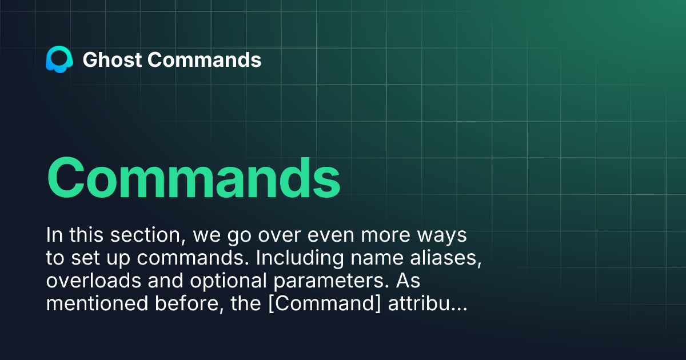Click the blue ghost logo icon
tap(59, 60)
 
